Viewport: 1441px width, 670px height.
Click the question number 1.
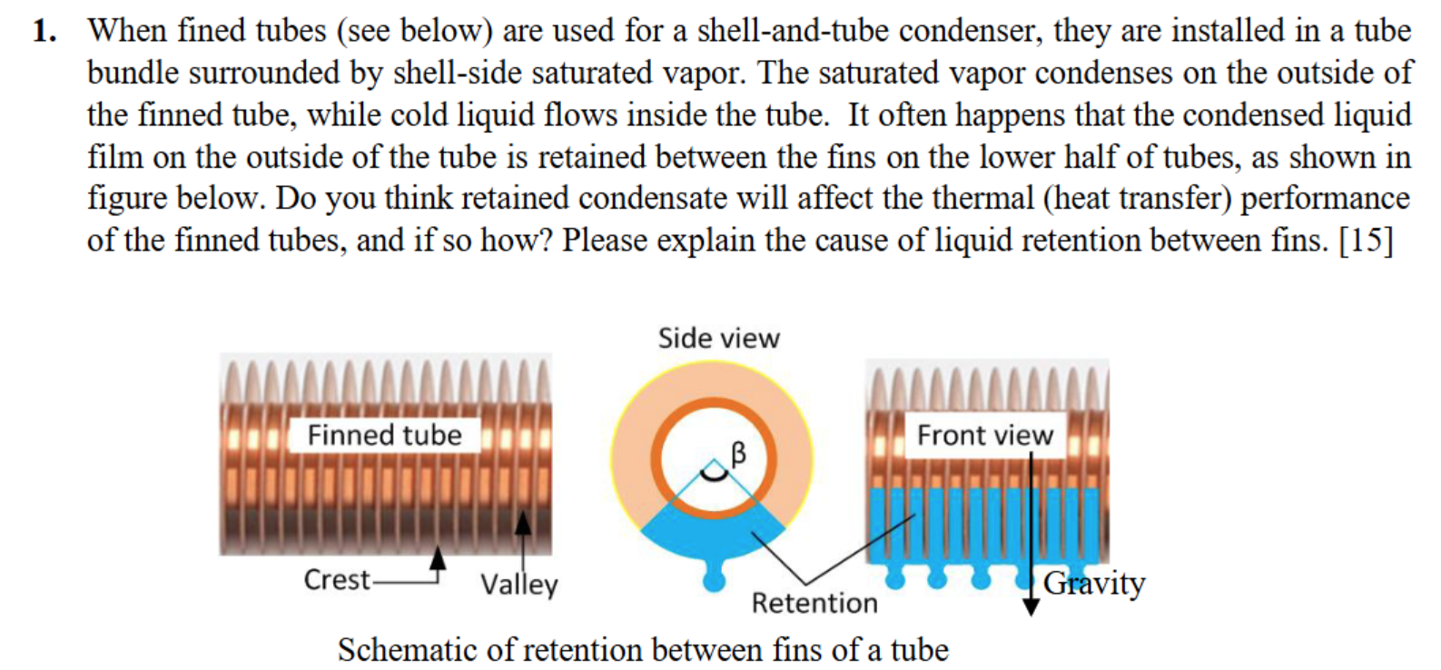pos(44,32)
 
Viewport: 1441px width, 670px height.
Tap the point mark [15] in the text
pos(1366,241)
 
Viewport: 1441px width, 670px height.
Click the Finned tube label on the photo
pos(384,435)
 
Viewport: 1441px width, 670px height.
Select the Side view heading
pos(718,339)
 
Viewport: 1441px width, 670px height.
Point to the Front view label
pos(984,435)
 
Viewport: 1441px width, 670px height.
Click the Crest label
pos(337,579)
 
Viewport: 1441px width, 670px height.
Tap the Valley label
pos(518,584)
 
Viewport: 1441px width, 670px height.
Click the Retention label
pos(814,603)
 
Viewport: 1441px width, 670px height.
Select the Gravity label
pos(1094,583)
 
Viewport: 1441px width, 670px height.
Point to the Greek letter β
pos(738,452)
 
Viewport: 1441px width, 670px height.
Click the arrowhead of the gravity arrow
pos(1031,606)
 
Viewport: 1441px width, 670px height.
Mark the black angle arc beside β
pos(715,471)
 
